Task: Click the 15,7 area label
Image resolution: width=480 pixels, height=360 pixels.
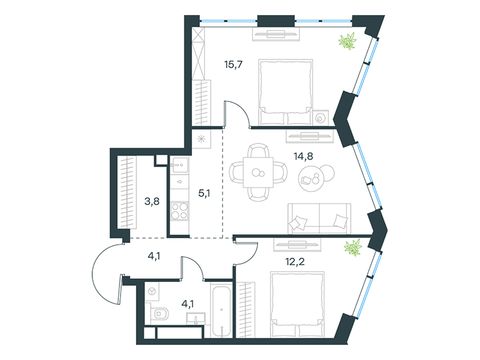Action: tap(233, 65)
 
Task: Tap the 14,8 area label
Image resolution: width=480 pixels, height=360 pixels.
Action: tap(303, 157)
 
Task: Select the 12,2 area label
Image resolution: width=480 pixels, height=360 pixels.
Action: tap(295, 262)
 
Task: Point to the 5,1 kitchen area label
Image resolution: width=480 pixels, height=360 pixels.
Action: tap(204, 193)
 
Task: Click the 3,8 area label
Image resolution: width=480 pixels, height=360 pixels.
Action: tap(152, 202)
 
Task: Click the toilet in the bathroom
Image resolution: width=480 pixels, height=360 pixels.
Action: tap(160, 313)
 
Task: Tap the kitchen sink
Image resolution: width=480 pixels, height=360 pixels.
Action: tap(179, 164)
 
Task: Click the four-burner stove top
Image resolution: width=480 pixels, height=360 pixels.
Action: tap(179, 211)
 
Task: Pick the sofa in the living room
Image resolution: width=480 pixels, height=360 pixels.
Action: tap(319, 218)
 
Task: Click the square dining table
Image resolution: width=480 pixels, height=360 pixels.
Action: tap(258, 172)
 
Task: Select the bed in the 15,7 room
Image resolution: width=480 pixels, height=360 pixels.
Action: tap(286, 92)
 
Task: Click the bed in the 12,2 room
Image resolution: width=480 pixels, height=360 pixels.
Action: tap(297, 304)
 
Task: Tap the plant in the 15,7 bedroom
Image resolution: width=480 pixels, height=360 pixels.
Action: tap(348, 41)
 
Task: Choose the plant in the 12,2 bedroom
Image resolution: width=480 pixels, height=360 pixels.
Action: tap(353, 247)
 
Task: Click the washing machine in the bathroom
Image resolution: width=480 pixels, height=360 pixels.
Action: tap(152, 291)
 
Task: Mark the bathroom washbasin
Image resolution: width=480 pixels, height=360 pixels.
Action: tap(196, 318)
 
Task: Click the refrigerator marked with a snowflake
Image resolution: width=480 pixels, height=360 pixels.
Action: tap(201, 139)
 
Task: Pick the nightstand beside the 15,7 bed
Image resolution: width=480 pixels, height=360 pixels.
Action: tap(320, 118)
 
